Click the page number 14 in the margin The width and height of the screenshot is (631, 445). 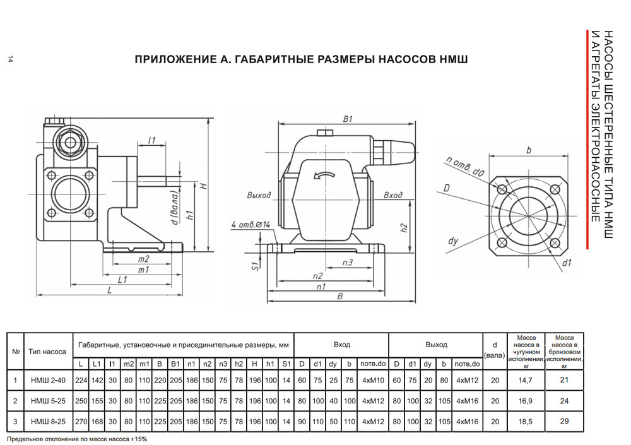[11, 60]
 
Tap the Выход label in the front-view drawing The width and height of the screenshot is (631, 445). [259, 195]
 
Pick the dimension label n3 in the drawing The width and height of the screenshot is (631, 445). [347, 261]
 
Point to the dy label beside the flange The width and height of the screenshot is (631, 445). [452, 241]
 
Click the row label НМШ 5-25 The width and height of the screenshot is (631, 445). [48, 401]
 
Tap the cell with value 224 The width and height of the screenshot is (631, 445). [80, 380]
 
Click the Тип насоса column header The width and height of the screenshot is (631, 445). [48, 352]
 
